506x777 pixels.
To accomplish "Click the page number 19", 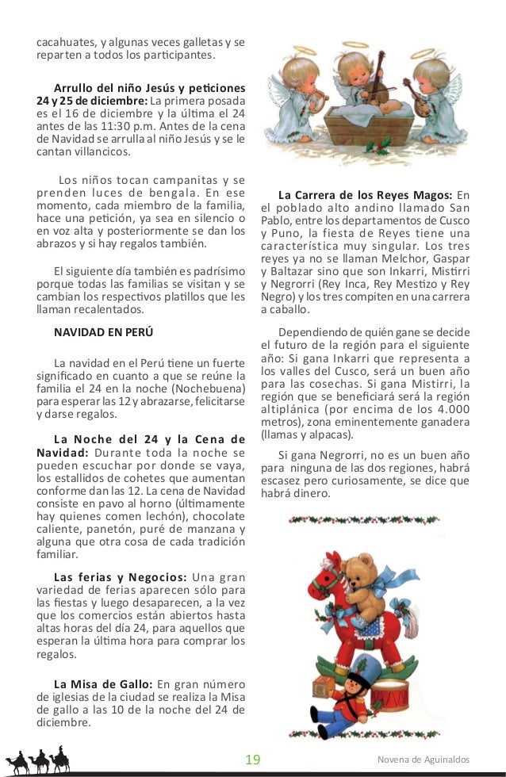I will click(x=253, y=760).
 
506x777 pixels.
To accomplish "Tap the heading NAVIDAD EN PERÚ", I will click(x=103, y=331).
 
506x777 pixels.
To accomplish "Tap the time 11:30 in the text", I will click(x=105, y=130).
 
